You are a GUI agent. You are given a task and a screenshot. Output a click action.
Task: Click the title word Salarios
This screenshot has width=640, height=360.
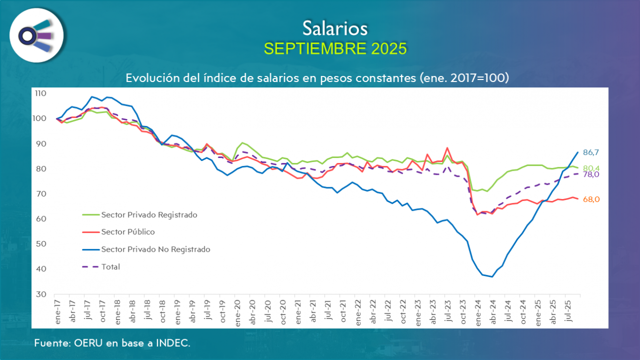coord(335,28)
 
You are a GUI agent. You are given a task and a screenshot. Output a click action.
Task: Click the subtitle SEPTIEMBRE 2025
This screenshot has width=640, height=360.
coord(335,48)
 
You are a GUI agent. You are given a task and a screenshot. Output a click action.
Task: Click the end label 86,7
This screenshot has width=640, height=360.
coord(591,152)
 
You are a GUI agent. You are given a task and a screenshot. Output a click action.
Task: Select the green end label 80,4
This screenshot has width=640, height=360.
coord(591,168)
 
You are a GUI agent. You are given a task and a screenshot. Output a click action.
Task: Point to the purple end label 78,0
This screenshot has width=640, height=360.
coord(591,174)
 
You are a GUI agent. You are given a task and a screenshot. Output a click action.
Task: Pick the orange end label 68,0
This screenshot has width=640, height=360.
coord(591,200)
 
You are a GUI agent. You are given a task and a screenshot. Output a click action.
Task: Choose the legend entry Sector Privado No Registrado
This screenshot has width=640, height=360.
coord(156,249)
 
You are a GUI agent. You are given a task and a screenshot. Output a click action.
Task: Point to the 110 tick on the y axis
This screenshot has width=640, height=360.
coord(40,93)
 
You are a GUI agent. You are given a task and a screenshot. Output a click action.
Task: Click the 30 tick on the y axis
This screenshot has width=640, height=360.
coord(42,294)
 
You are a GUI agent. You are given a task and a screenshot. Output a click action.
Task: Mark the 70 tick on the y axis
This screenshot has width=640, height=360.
coord(42,194)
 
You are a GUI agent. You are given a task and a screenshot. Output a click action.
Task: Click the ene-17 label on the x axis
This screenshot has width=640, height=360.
coord(58,312)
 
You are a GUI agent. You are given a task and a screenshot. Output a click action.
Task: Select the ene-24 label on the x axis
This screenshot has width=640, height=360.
coord(477,312)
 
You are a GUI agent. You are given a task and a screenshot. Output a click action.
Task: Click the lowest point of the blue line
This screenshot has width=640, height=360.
coord(492,277)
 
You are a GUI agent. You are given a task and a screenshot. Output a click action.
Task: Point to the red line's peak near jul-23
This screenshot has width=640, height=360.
coord(447,148)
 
